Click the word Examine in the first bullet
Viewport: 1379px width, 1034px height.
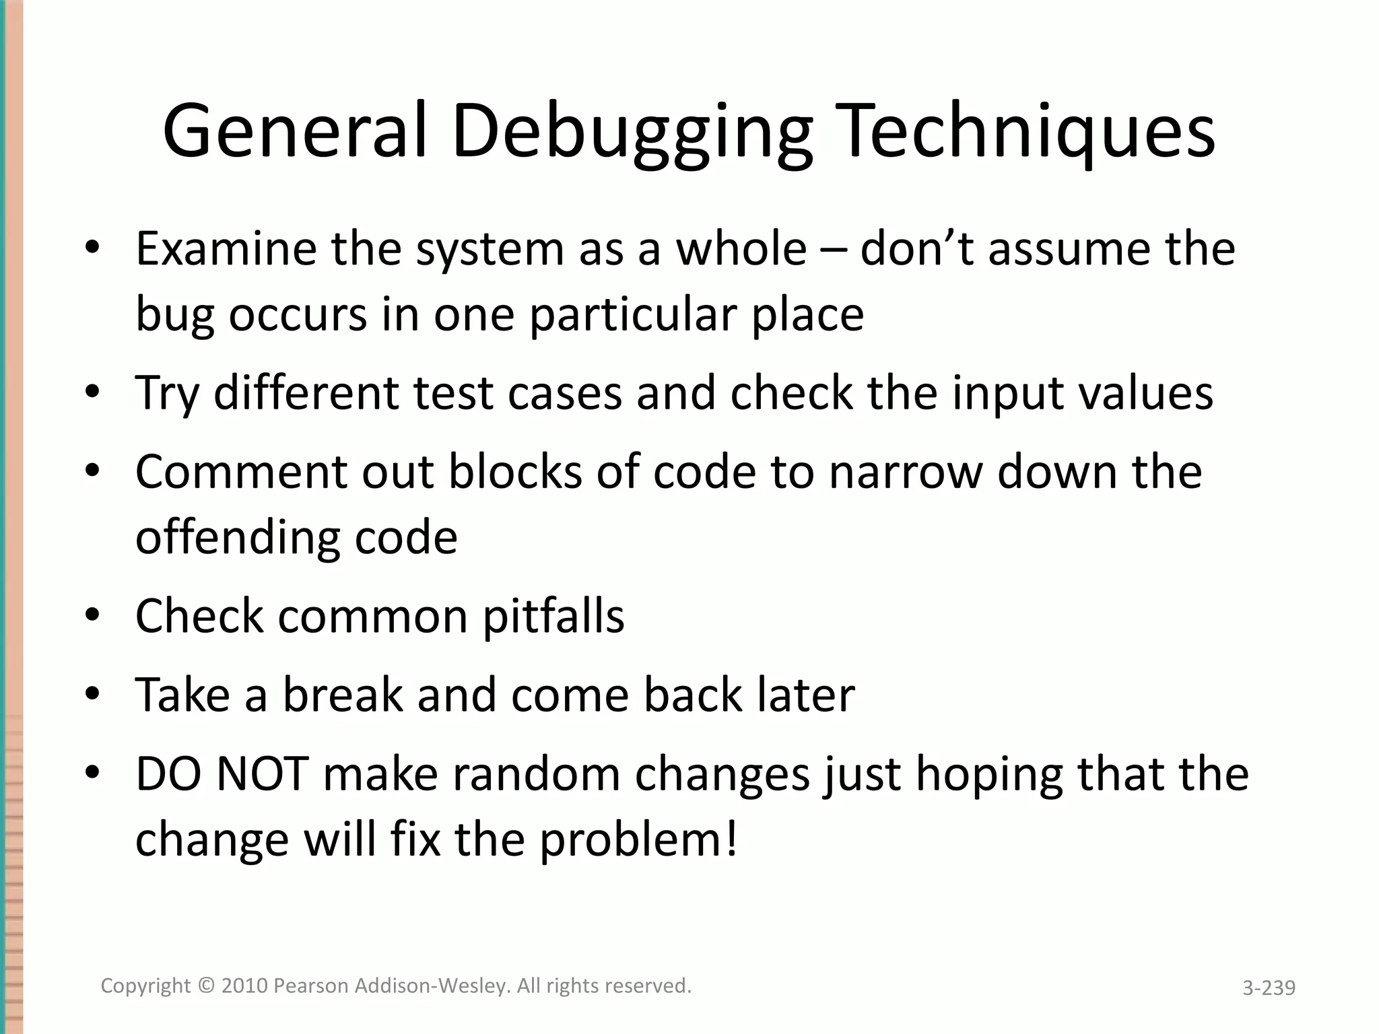click(226, 248)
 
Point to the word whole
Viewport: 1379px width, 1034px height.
click(741, 248)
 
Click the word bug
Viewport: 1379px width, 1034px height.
click(174, 315)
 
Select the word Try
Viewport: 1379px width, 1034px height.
click(167, 393)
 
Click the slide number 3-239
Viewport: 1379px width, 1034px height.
click(1269, 988)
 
